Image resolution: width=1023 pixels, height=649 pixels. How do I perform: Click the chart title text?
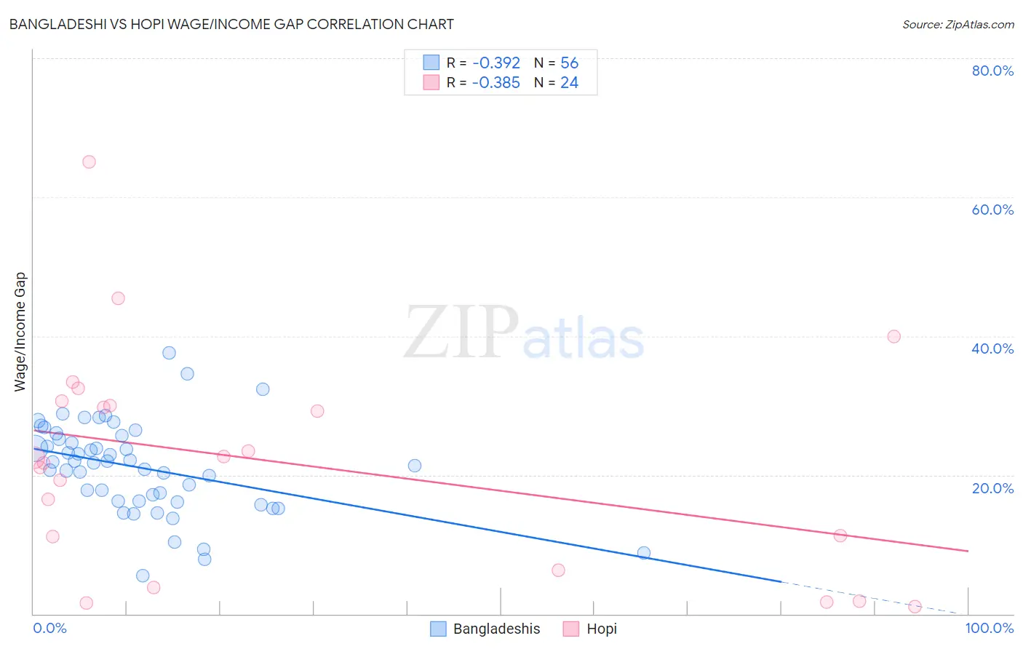pyautogui.click(x=231, y=24)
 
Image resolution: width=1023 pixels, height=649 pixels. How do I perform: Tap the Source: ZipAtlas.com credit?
pyautogui.click(x=958, y=24)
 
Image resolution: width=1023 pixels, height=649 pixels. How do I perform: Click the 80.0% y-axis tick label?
pyautogui.click(x=992, y=71)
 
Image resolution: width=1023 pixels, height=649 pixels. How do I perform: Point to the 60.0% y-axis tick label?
pyautogui.click(x=992, y=210)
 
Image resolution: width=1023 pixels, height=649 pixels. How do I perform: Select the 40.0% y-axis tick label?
pyautogui.click(x=992, y=349)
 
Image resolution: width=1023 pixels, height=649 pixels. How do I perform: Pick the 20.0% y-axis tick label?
pyautogui.click(x=992, y=487)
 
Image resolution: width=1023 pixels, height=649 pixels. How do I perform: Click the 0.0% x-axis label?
pyautogui.click(x=49, y=628)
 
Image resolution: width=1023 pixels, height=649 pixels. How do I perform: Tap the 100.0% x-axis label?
pyautogui.click(x=989, y=628)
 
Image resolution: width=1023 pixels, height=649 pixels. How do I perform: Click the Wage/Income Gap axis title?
pyautogui.click(x=20, y=332)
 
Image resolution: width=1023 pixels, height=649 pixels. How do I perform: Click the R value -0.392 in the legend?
pyautogui.click(x=495, y=63)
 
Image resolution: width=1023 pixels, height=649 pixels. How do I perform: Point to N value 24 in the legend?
pyautogui.click(x=569, y=83)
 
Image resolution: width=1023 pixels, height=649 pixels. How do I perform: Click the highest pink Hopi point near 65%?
pyautogui.click(x=89, y=162)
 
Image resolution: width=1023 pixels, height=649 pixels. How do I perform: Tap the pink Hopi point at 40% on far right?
pyautogui.click(x=893, y=336)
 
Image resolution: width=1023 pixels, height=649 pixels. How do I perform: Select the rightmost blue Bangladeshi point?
pyautogui.click(x=643, y=553)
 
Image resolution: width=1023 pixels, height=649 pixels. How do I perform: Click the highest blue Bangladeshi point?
pyautogui.click(x=169, y=353)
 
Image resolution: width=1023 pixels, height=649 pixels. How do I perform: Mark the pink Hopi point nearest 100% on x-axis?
pyautogui.click(x=915, y=607)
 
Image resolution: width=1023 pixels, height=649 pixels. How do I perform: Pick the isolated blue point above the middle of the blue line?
pyautogui.click(x=415, y=466)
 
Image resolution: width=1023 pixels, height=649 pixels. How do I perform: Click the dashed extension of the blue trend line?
pyautogui.click(x=873, y=598)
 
